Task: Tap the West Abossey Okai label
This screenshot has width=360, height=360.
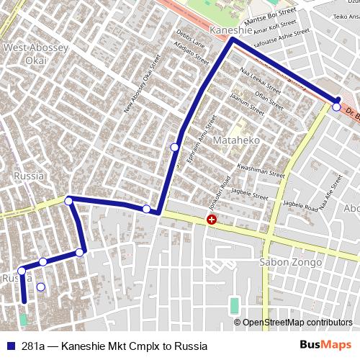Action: (x=36, y=53)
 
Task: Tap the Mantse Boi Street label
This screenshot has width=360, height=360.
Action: (x=272, y=16)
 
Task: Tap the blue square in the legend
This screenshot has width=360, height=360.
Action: (x=10, y=346)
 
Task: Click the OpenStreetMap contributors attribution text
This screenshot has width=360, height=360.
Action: (x=297, y=323)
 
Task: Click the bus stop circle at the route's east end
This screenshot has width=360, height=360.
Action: (x=336, y=107)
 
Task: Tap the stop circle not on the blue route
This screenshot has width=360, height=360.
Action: (x=40, y=287)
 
